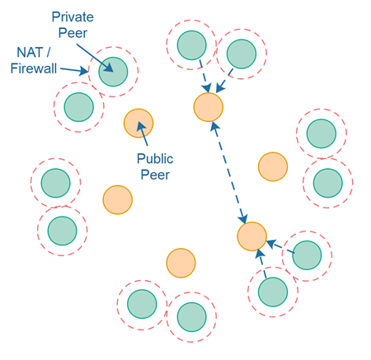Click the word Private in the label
72,16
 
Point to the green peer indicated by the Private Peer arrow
113,72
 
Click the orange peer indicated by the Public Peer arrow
138,123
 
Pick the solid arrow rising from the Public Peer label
146,136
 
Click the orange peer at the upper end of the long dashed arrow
209,106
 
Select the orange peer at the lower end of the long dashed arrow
251,236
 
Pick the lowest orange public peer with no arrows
181,264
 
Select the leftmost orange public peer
117,199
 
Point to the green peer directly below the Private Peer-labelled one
79,105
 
